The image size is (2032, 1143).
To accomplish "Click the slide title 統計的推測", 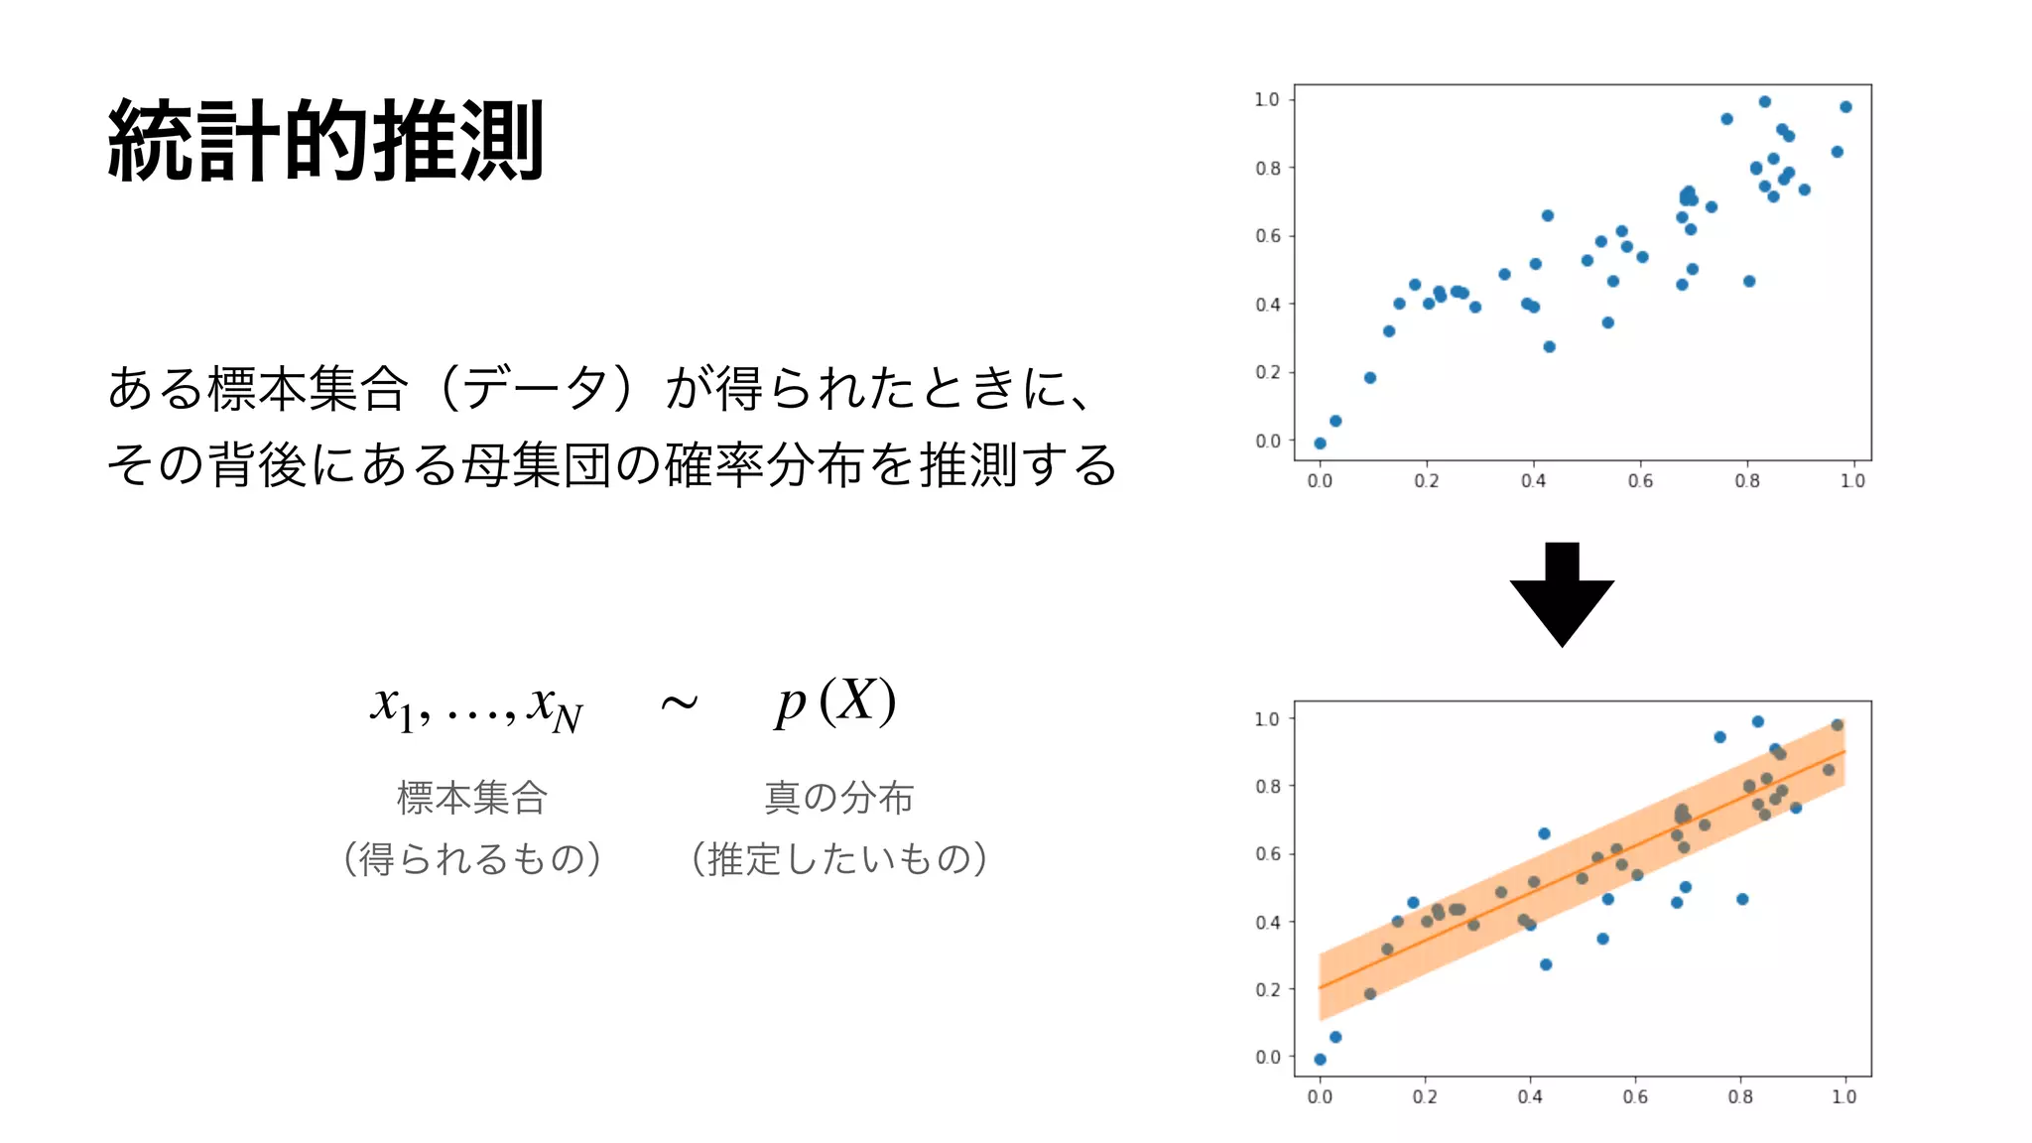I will [x=325, y=141].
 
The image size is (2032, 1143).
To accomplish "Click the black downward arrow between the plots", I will [x=1562, y=595].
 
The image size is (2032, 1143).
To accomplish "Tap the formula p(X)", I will [x=835, y=701].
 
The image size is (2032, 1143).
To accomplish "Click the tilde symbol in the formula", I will [x=679, y=703].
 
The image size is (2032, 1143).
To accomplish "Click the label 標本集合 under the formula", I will [x=472, y=797].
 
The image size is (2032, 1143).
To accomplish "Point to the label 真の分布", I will [x=838, y=797].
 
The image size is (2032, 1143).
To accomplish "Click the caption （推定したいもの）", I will [x=838, y=858].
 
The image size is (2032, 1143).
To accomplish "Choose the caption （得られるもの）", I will [x=472, y=858].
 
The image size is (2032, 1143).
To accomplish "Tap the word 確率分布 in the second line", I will [x=765, y=464].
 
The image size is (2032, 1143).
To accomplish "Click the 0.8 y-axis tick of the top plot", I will [x=1268, y=168].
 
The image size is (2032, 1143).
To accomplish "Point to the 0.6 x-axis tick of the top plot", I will [x=1640, y=481].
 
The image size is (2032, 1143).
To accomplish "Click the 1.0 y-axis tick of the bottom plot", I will [x=1267, y=718].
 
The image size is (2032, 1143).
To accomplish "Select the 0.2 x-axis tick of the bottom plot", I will [x=1425, y=1097].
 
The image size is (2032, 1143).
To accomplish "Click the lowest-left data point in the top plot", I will [x=1320, y=444].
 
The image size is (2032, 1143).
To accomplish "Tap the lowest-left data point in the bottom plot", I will [x=1320, y=1060].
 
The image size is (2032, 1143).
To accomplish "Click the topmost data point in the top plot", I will [x=1765, y=102].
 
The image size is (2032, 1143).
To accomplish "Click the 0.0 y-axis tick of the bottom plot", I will [x=1268, y=1058].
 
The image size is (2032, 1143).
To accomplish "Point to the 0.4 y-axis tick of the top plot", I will [x=1268, y=305].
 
